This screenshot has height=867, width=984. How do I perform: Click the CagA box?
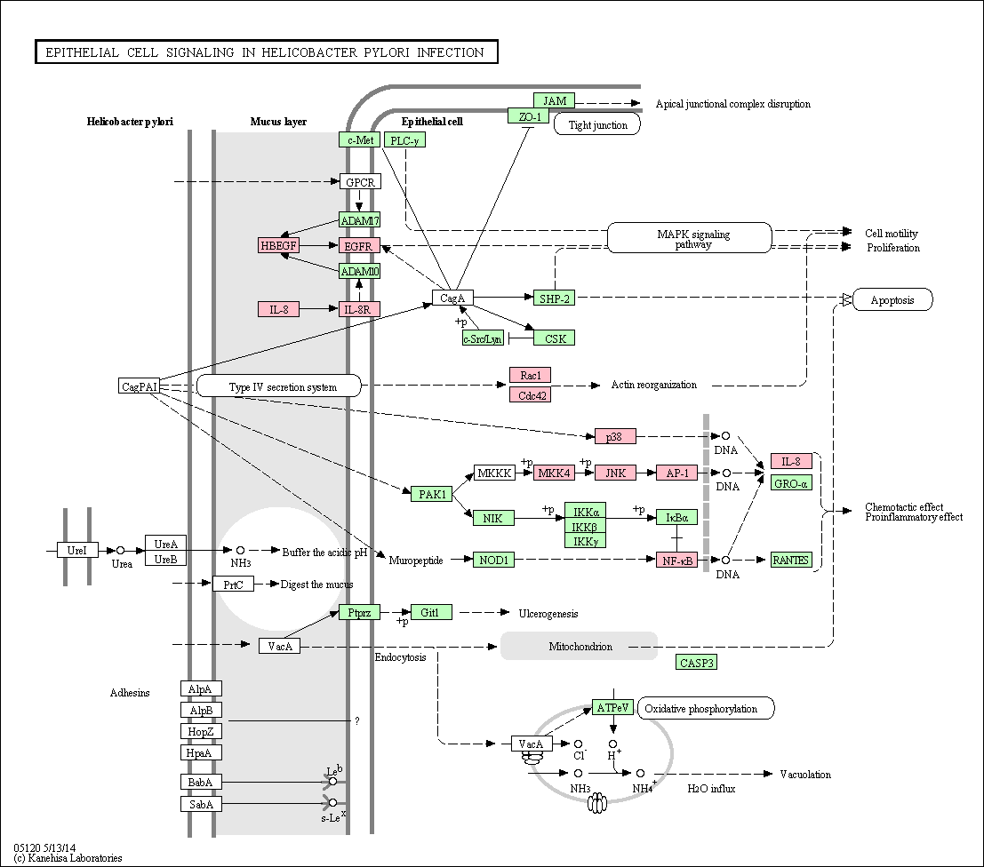(x=452, y=298)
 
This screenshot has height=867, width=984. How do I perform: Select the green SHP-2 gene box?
(x=554, y=298)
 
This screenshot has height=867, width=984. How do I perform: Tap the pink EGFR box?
(x=360, y=246)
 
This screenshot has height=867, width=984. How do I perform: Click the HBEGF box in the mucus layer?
(x=278, y=245)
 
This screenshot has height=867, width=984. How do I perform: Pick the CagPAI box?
(x=139, y=386)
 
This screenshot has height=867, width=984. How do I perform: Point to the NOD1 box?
(x=493, y=560)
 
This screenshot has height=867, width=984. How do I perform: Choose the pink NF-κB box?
(x=677, y=560)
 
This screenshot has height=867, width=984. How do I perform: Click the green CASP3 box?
(x=697, y=663)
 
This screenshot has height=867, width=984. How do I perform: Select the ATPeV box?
(x=613, y=708)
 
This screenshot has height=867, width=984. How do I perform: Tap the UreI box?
(x=77, y=550)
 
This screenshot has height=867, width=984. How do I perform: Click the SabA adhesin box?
(x=201, y=804)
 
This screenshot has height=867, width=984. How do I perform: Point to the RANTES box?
(x=791, y=560)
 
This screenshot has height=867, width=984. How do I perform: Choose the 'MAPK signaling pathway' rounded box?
(x=690, y=238)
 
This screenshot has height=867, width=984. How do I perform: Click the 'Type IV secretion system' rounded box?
(x=279, y=386)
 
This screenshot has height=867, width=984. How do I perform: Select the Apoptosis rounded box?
(x=893, y=299)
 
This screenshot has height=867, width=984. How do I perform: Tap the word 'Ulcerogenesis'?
(x=548, y=614)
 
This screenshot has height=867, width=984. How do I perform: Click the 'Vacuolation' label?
(x=805, y=774)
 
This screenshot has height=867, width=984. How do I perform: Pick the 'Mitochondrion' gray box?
(x=580, y=646)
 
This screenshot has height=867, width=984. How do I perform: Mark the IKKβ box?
(x=586, y=526)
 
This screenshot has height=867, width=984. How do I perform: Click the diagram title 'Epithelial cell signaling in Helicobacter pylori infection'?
(x=266, y=52)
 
